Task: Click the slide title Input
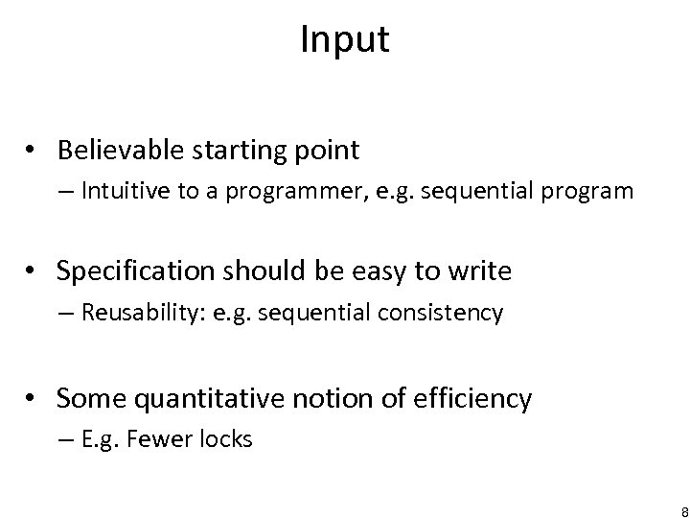tap(344, 39)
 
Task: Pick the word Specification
tap(132, 272)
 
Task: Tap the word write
tap(482, 272)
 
